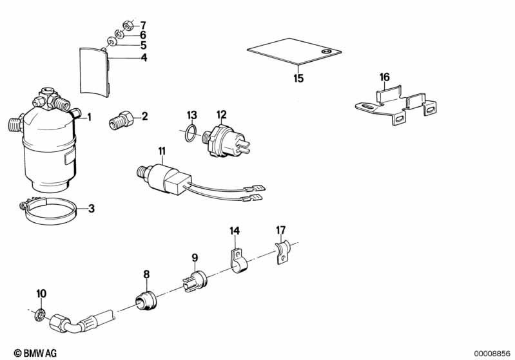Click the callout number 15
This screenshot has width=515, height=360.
[298, 79]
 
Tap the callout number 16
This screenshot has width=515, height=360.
[385, 77]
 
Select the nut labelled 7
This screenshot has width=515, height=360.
[128, 26]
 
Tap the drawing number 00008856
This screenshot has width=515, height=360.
[493, 352]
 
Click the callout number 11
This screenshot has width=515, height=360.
[161, 151]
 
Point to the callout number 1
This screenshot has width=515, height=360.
[90, 117]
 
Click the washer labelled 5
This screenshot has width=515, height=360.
[111, 43]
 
